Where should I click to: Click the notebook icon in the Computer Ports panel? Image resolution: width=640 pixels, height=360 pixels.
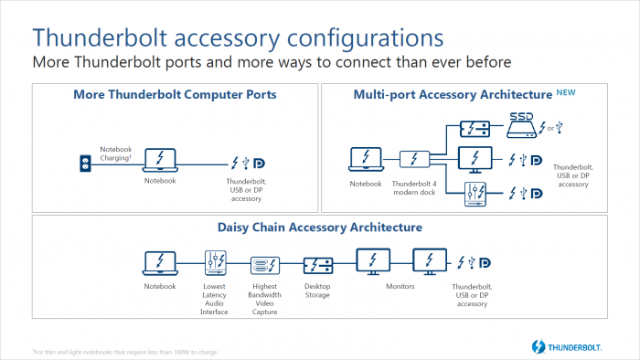[161, 158]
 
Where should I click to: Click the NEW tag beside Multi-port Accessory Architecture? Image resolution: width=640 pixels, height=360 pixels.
[567, 92]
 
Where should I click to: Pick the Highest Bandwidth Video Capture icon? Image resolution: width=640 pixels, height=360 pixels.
[263, 265]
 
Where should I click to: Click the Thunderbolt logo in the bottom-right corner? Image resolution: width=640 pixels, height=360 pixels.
[570, 346]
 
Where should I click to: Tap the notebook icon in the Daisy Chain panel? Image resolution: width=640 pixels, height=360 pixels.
[160, 263]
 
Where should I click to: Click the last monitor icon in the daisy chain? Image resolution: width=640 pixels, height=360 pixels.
[429, 263]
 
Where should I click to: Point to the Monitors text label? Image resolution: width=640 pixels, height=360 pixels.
[400, 287]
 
